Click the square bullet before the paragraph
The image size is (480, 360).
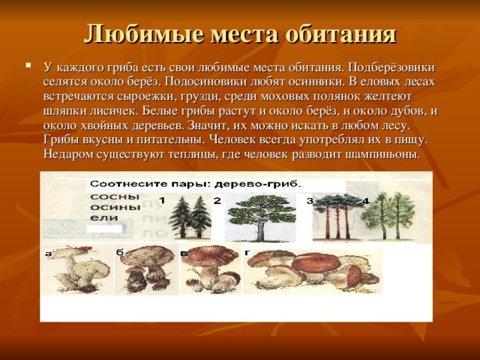[x=28, y=67]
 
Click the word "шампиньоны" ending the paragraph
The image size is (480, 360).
[x=382, y=154]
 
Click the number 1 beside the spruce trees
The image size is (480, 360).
[x=162, y=200]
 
